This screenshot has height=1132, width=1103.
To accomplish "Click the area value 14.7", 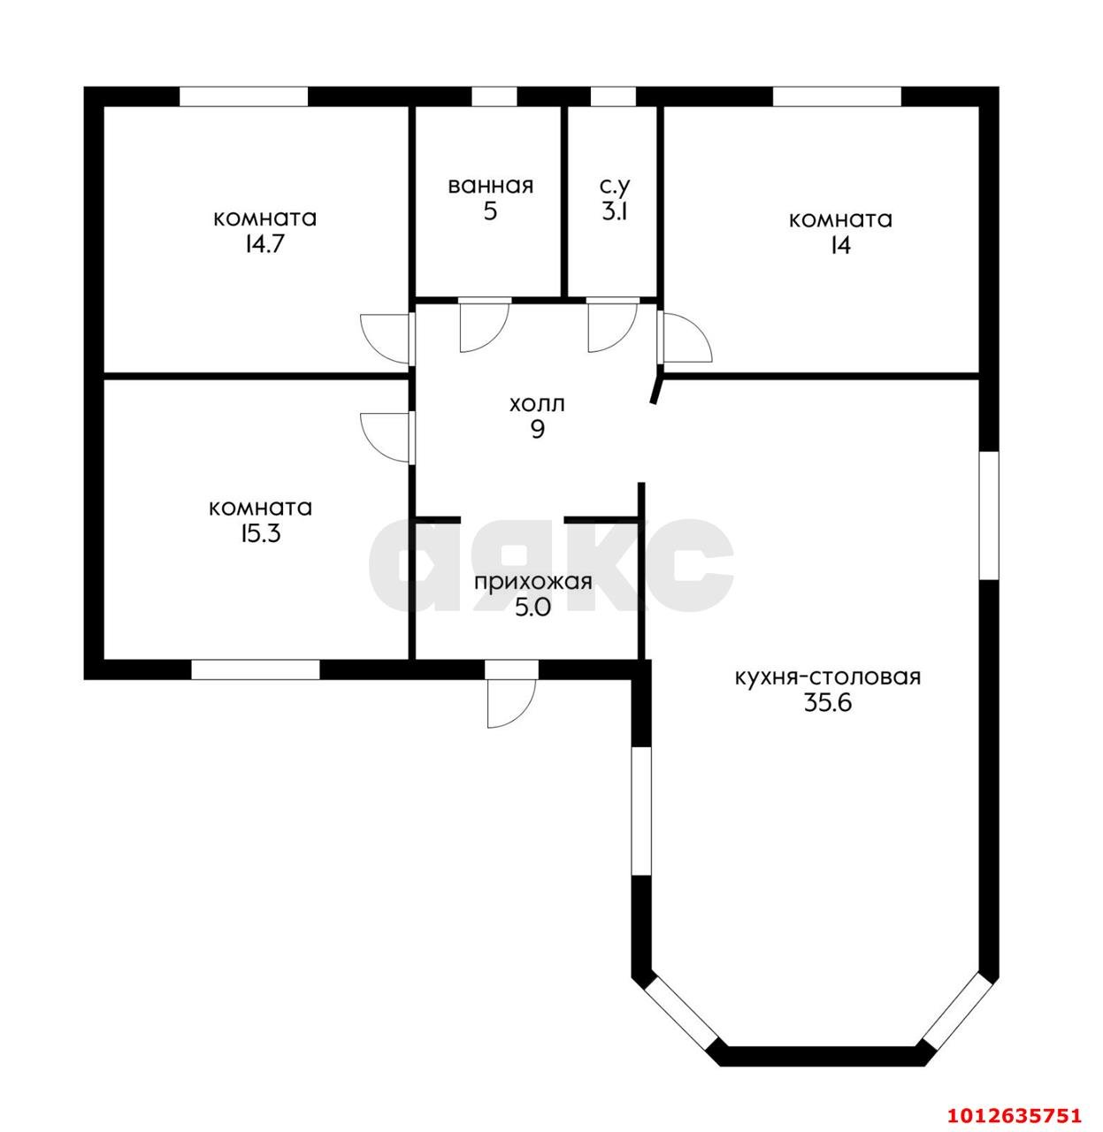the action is pyautogui.click(x=264, y=244).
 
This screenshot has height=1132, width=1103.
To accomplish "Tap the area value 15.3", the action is pyautogui.click(x=260, y=533).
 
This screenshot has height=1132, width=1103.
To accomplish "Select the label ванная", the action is pyautogui.click(x=490, y=186).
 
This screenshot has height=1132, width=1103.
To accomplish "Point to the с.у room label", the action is pyautogui.click(x=615, y=186).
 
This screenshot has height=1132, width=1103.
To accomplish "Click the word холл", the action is pyautogui.click(x=536, y=404).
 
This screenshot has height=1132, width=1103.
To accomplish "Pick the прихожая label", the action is pyautogui.click(x=532, y=583).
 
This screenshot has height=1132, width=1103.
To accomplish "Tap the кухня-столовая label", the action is pyautogui.click(x=828, y=678).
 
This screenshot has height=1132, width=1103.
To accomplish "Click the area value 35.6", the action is pyautogui.click(x=827, y=703).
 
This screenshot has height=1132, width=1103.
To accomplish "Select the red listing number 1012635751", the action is pyautogui.click(x=1015, y=1114).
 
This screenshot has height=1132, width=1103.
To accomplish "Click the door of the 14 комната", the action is pyautogui.click(x=685, y=338).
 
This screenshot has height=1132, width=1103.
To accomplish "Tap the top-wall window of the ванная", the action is pyautogui.click(x=494, y=96).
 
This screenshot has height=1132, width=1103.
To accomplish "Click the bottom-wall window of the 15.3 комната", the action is pyautogui.click(x=256, y=669).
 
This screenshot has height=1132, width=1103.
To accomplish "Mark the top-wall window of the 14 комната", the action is pyautogui.click(x=837, y=96).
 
